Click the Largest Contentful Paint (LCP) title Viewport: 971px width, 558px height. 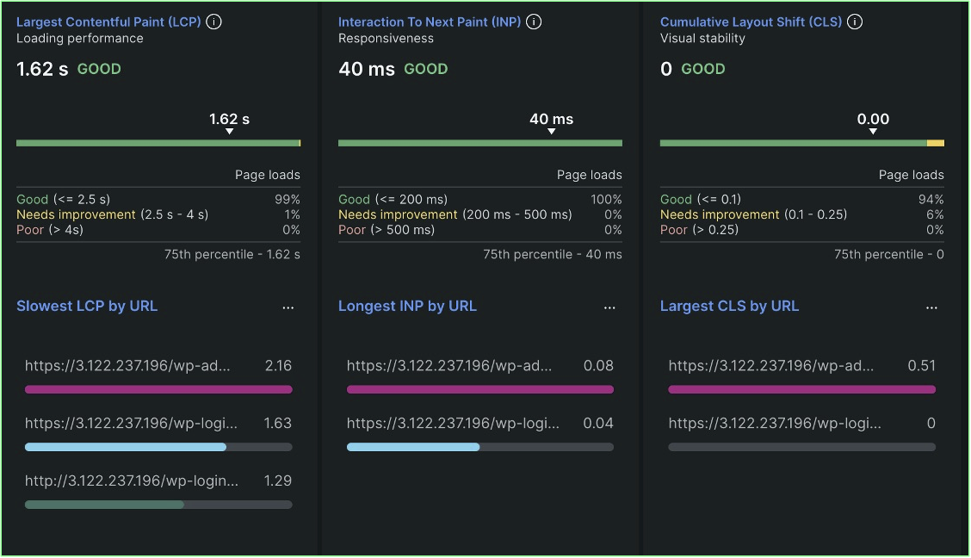pos(108,22)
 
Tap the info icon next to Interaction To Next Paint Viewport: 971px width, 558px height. pos(534,22)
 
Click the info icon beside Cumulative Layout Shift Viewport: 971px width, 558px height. pos(855,22)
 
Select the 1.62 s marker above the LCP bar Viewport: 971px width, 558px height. pos(229,120)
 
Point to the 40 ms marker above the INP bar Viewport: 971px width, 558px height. pos(551,120)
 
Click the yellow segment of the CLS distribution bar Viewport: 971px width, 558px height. pos(936,143)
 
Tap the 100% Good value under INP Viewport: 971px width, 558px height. pos(606,199)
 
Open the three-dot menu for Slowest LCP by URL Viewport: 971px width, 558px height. pos(288,307)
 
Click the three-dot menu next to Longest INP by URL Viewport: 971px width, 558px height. pos(609,307)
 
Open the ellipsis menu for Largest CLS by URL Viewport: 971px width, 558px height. pos(931,307)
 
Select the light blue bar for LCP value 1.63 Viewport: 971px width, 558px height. pos(126,447)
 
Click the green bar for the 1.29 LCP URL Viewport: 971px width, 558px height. pos(104,505)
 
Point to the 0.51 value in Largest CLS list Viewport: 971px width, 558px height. pos(921,366)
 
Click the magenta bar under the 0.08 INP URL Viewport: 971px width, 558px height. pos(479,389)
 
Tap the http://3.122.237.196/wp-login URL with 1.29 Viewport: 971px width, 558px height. pos(132,480)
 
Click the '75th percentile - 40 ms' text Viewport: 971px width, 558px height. pos(552,254)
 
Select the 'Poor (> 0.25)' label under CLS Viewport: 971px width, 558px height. pos(700,230)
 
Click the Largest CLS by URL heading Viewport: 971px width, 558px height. pos(729,306)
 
